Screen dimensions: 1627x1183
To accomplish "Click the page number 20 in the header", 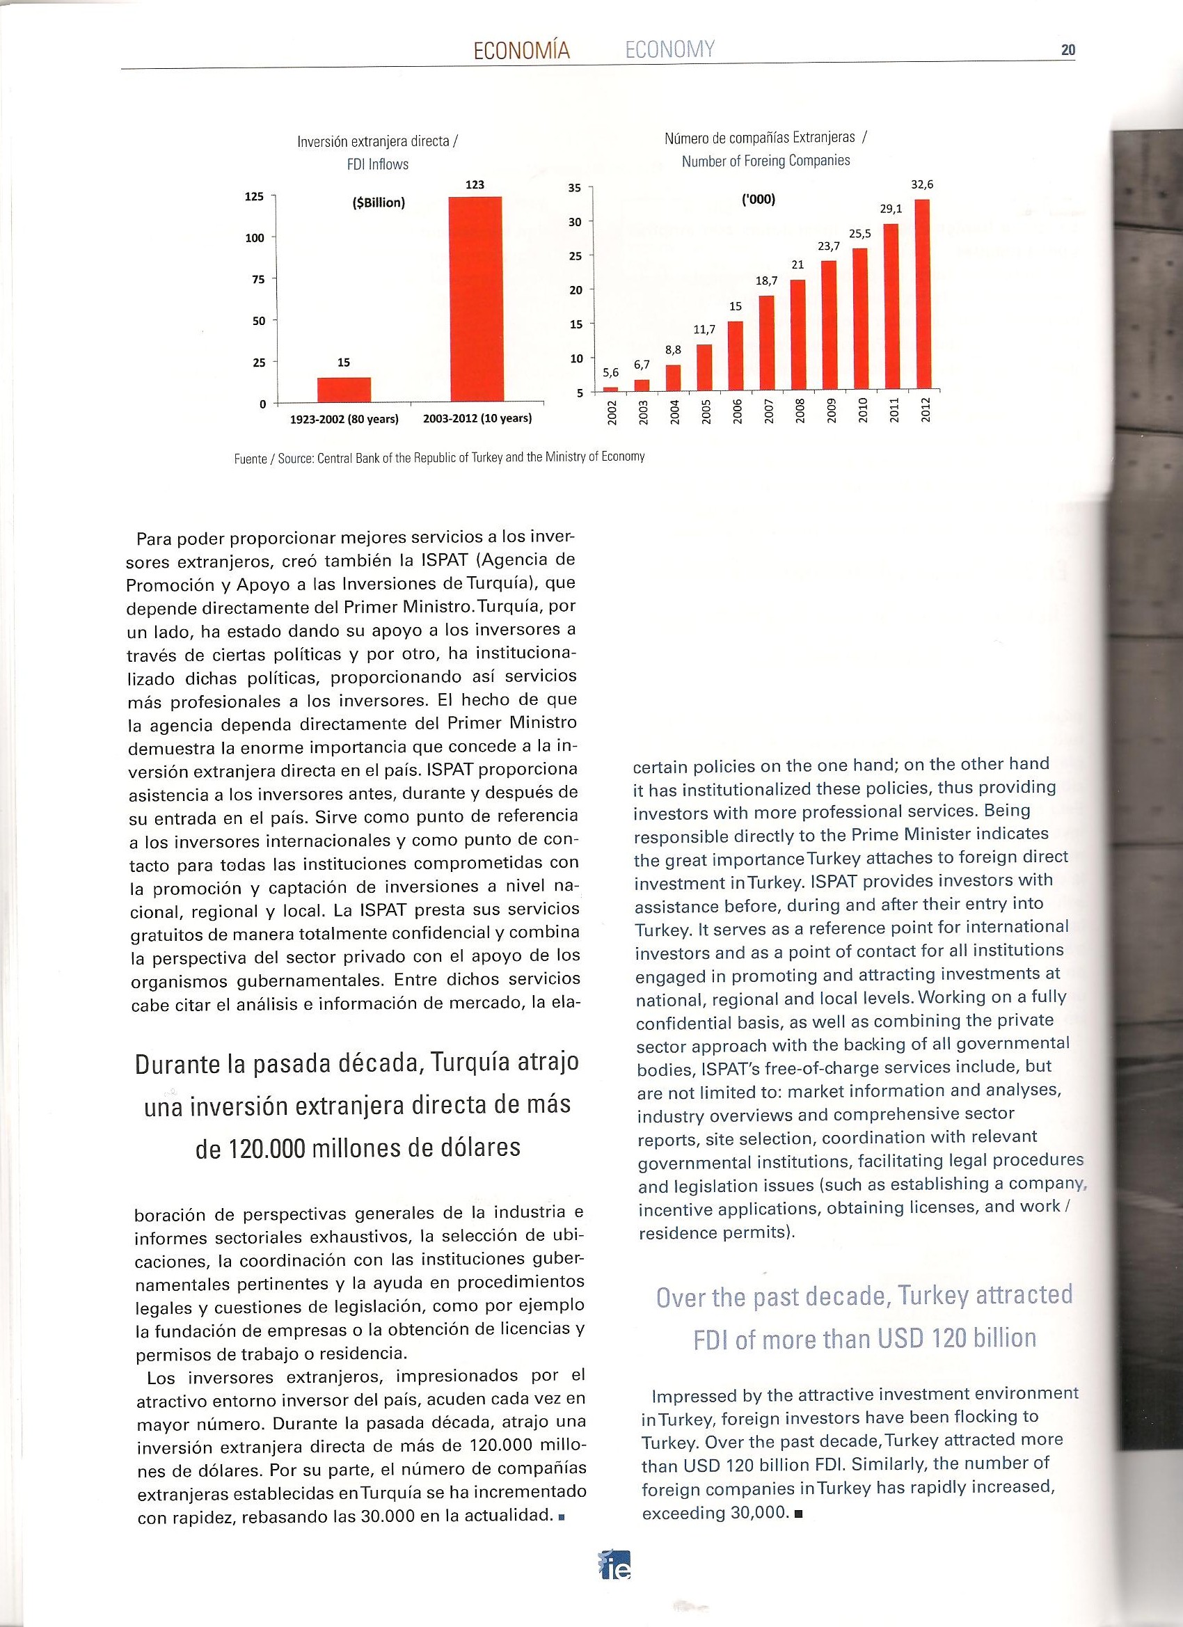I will pos(1068,50).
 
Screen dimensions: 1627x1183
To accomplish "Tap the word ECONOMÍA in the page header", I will pos(521,50).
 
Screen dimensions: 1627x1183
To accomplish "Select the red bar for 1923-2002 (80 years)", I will pos(344,390).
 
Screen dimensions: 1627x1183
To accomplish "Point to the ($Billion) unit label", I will pos(379,203).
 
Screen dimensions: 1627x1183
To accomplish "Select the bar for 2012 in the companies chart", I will pos(923,294).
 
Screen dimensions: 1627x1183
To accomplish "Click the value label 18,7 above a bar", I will pos(767,282).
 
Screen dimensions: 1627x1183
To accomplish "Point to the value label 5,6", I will pos(610,372).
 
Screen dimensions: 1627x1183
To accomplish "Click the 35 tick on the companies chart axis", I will pos(574,188).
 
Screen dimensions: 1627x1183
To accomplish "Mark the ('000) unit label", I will pos(759,200).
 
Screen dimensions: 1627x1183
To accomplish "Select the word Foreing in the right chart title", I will pos(766,161).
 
